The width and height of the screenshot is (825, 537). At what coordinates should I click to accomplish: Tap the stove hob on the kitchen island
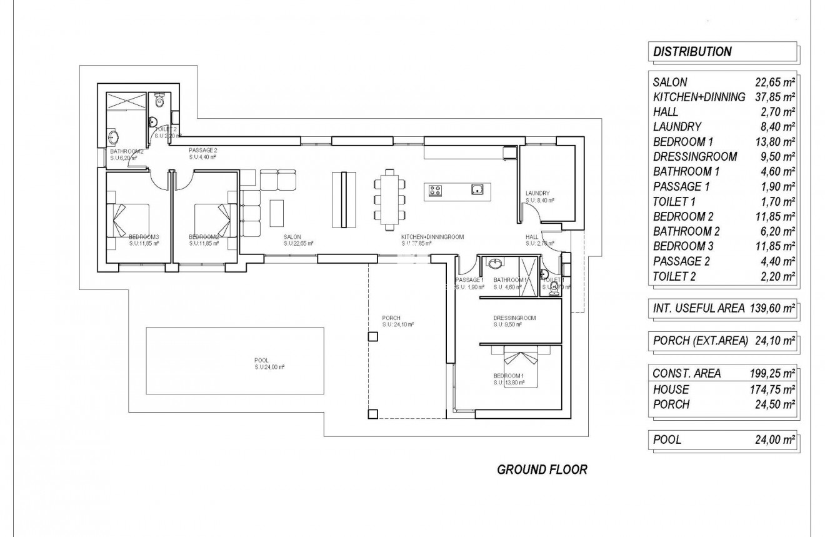tap(436, 191)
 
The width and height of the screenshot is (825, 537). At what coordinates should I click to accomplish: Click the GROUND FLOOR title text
tap(542, 469)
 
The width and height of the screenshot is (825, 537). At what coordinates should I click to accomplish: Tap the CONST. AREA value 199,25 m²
tap(772, 373)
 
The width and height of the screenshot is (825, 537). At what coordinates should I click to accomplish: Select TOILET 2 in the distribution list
tap(674, 276)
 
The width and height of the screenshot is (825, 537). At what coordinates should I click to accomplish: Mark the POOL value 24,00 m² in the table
tap(775, 440)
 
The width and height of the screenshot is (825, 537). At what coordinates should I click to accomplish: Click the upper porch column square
tap(372, 337)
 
